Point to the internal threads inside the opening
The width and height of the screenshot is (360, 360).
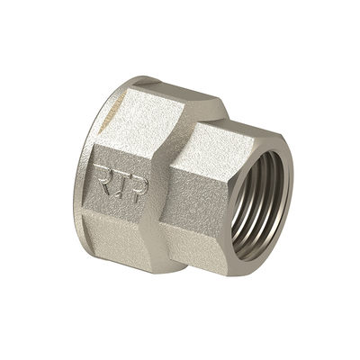tap(257, 204)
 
